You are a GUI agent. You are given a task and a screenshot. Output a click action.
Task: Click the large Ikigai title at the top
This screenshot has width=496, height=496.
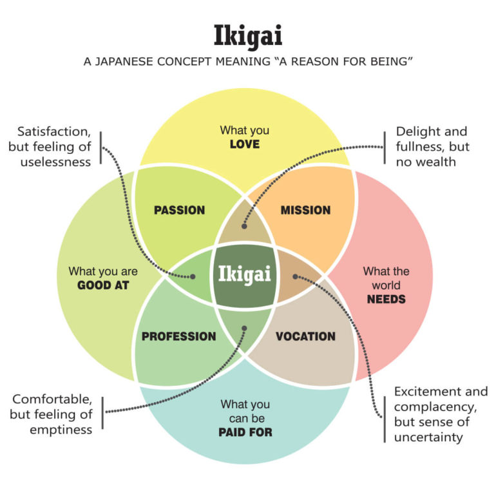point(247,36)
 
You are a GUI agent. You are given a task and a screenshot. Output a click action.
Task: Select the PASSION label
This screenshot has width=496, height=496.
point(180,210)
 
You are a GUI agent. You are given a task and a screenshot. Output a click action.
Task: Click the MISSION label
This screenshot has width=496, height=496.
point(305,210)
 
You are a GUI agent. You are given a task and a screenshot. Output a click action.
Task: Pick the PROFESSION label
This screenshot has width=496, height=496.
point(178,336)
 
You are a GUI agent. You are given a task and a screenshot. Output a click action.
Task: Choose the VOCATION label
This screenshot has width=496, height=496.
point(305,336)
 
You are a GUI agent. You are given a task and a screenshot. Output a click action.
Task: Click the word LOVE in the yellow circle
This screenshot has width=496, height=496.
point(245,144)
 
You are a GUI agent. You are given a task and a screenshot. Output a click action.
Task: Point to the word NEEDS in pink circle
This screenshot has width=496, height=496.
point(386,300)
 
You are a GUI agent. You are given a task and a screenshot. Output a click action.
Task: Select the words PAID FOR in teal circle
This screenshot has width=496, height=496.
point(246,432)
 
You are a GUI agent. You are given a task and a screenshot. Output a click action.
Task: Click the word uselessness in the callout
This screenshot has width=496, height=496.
point(55,162)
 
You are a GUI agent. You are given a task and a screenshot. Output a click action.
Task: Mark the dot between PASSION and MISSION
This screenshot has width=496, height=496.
point(244,226)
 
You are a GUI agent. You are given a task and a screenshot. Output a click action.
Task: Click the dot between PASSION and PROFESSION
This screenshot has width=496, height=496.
point(193,276)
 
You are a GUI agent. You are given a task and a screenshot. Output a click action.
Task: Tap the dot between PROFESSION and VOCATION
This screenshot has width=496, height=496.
point(244,328)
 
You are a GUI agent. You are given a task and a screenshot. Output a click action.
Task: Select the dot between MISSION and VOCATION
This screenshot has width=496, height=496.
point(296,276)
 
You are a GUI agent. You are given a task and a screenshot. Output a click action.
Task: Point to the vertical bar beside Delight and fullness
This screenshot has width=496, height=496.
point(385,147)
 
